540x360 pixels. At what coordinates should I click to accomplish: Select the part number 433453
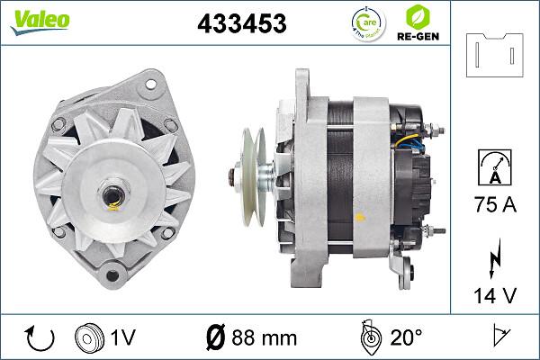241,24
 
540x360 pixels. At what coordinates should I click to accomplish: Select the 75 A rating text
495,206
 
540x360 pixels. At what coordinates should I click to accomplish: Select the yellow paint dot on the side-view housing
361,216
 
